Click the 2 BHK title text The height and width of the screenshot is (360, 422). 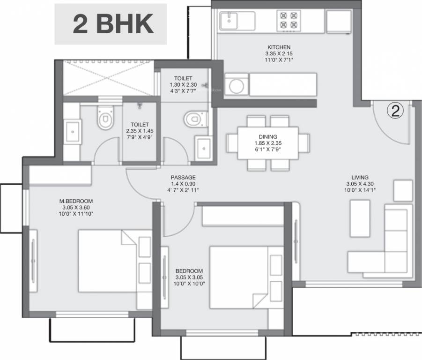pos(113,24)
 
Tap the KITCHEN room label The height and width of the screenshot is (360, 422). pos(279,47)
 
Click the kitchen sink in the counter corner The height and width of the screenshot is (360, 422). pos(230,21)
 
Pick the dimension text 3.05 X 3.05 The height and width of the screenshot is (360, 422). pos(189,277)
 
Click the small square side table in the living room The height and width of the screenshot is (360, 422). pos(403,190)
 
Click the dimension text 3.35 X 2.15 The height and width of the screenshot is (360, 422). pos(279,54)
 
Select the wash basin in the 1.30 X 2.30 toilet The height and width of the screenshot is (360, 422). pos(203,149)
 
